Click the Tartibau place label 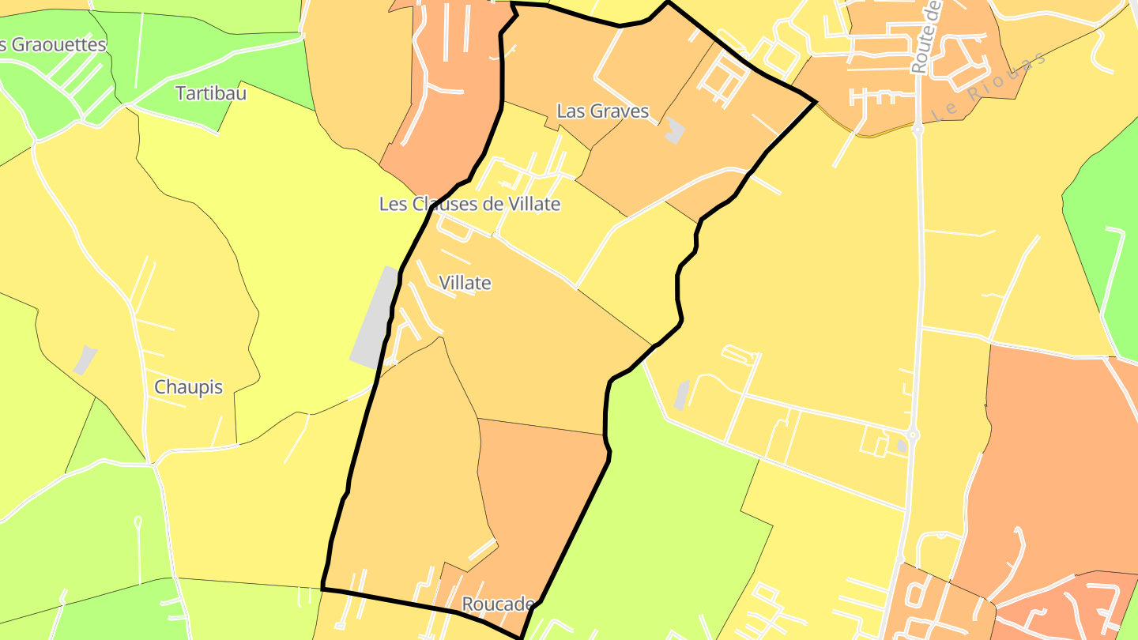[x=211, y=93]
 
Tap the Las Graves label [x=602, y=111]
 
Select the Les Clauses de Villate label [x=469, y=204]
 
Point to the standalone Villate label [x=465, y=283]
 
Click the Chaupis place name [x=188, y=387]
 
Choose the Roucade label [x=497, y=604]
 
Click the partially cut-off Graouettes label [x=52, y=45]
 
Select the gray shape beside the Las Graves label [x=673, y=130]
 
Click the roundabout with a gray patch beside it [x=913, y=434]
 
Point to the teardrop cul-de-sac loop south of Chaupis [x=138, y=522]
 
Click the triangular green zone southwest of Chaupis [x=95, y=435]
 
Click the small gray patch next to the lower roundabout [x=902, y=446]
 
